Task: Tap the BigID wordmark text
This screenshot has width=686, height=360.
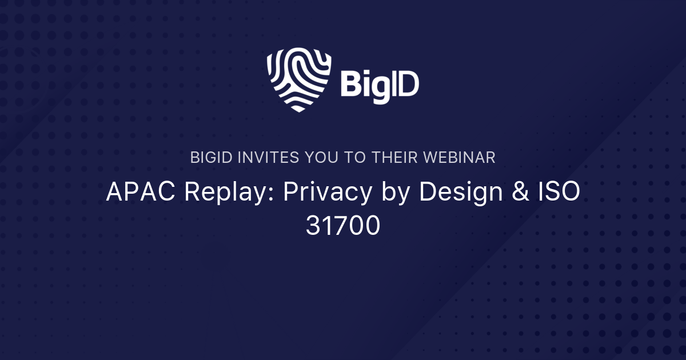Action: [x=380, y=85]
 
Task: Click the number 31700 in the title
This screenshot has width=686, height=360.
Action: [x=343, y=226]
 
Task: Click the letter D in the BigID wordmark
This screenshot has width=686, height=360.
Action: [x=408, y=85]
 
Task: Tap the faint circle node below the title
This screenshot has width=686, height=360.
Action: [x=216, y=256]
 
